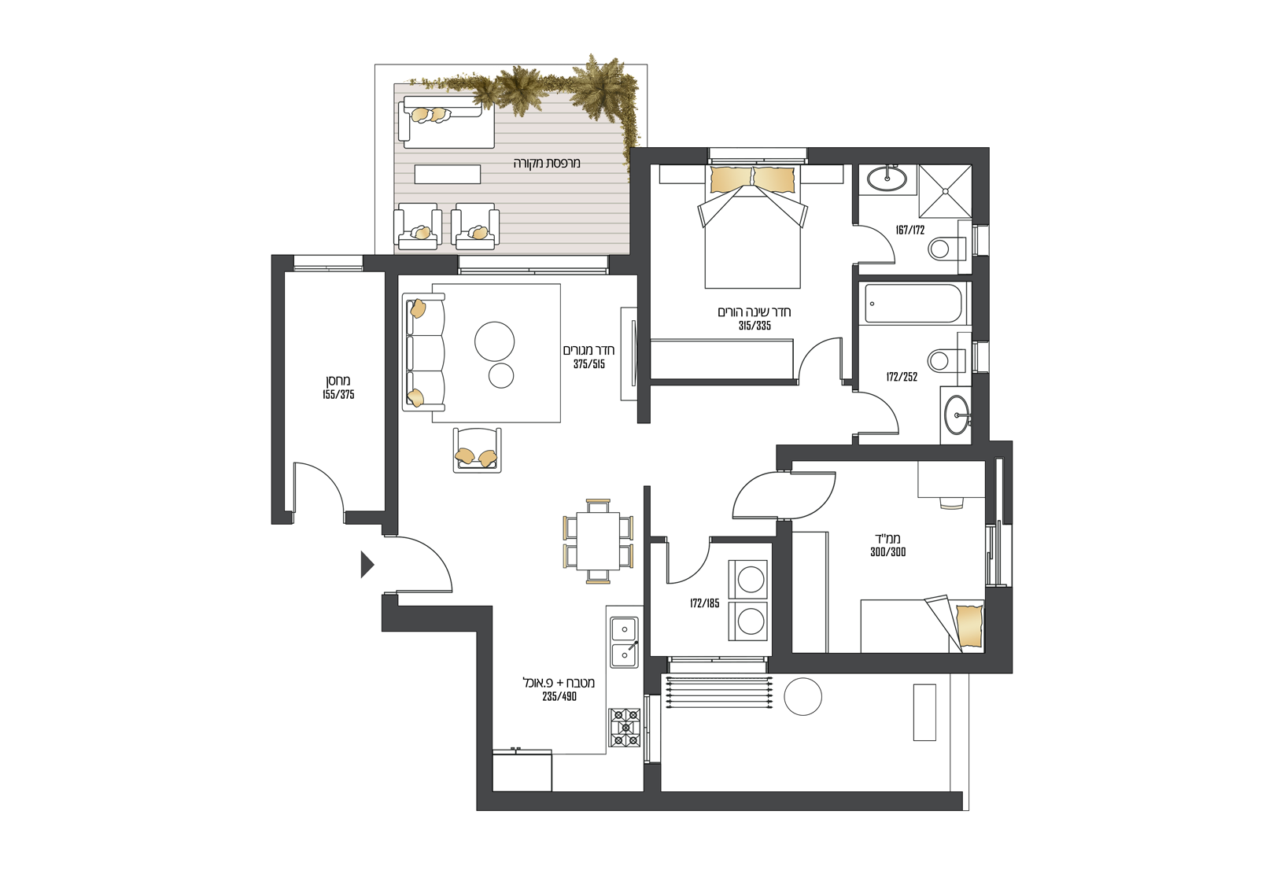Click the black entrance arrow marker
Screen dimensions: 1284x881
pos(367,565)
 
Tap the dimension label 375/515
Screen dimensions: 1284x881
pos(588,364)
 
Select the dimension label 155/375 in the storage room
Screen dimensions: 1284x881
pos(338,394)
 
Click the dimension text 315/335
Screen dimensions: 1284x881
pos(755,326)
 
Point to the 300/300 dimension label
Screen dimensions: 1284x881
pos(888,552)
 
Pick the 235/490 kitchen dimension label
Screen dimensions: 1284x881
pos(559,696)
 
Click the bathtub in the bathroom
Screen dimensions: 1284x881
pos(913,304)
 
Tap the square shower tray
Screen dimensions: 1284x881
pos(945,191)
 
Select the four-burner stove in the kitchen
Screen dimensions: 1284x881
pos(625,728)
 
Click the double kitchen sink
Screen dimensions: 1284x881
pos(624,641)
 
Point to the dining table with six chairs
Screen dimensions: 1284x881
pos(598,541)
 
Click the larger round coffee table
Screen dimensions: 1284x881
pos(494,341)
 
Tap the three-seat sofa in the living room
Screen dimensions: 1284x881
pos(424,352)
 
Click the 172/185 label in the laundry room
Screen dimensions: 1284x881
pos(704,603)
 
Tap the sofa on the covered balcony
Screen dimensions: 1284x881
pos(445,122)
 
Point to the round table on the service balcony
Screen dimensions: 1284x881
pos(802,696)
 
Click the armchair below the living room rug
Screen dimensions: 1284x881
pos(477,450)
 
